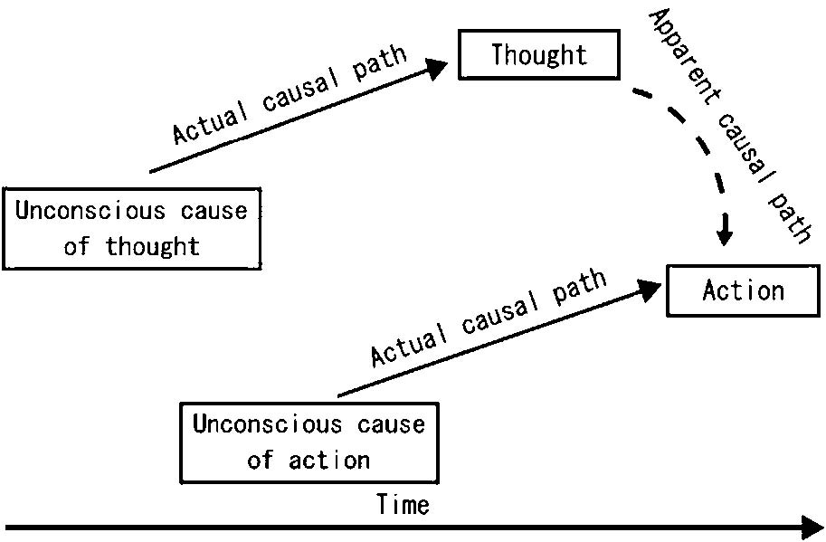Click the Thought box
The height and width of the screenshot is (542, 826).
pyautogui.click(x=539, y=55)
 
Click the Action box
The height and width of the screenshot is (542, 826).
pyautogui.click(x=743, y=290)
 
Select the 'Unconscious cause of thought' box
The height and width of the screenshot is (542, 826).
pyautogui.click(x=131, y=228)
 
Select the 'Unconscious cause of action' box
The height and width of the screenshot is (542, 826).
pyautogui.click(x=309, y=442)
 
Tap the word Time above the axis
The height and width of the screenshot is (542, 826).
pyautogui.click(x=404, y=504)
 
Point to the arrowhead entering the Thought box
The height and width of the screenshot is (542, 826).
pyautogui.click(x=439, y=66)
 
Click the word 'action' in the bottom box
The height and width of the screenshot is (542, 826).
pyautogui.click(x=329, y=460)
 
